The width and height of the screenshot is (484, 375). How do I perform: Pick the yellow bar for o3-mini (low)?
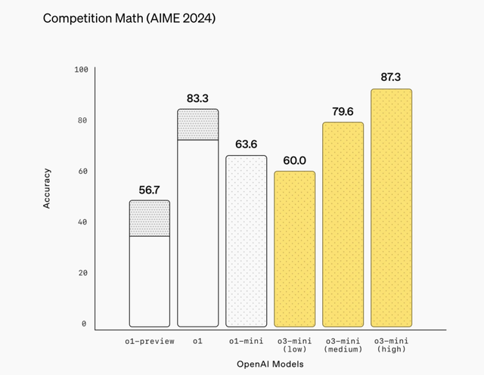click(294, 249)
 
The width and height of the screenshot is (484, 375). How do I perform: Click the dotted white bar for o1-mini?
click(246, 241)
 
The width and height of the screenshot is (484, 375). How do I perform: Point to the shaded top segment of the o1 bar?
click(197, 125)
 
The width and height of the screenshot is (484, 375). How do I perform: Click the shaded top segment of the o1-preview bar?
click(149, 218)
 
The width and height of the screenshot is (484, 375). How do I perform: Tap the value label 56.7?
click(149, 190)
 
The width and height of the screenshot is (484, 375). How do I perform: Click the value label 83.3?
click(197, 98)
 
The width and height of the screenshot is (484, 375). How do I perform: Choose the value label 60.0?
click(294, 160)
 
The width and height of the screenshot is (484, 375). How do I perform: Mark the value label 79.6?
click(343, 111)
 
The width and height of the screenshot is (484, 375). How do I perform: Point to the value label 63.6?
click(246, 144)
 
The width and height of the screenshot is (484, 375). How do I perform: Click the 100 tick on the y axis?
click(81, 70)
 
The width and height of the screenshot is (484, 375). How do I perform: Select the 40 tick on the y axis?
click(83, 222)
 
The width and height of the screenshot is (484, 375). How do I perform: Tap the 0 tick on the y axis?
click(85, 324)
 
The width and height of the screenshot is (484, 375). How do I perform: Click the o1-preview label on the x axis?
click(149, 341)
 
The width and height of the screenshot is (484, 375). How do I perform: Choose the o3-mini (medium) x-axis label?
click(343, 345)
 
